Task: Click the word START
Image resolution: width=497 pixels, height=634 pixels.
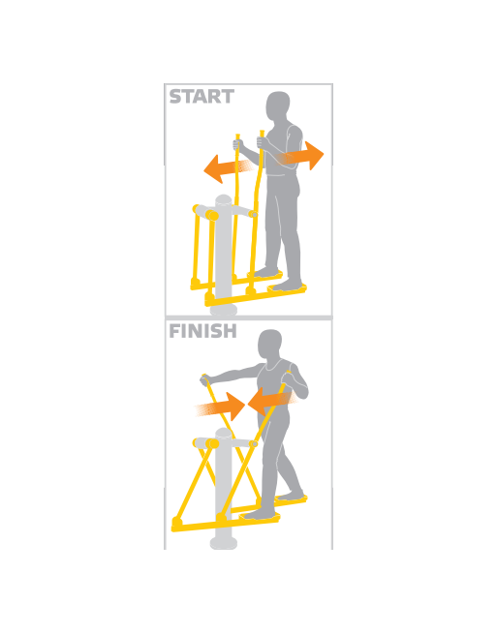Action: tap(202, 97)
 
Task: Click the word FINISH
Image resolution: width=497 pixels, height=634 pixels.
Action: tap(202, 331)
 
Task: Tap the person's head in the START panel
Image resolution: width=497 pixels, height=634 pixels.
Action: tap(278, 106)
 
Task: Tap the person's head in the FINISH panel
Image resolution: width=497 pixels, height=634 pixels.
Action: tap(270, 344)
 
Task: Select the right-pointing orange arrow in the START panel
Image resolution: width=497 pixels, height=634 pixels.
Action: tap(301, 156)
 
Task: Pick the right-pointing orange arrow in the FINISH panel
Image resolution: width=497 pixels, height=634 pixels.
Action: tap(221, 407)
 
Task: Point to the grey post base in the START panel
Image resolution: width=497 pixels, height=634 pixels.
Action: tap(224, 310)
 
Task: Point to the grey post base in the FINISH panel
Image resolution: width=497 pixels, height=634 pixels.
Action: tap(224, 543)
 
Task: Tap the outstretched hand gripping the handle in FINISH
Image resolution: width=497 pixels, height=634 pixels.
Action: tap(206, 379)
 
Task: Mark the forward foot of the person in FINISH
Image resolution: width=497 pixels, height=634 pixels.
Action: tap(259, 514)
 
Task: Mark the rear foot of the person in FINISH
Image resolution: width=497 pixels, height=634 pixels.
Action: tap(291, 495)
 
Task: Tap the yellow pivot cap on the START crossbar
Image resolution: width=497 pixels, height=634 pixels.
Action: tap(211, 215)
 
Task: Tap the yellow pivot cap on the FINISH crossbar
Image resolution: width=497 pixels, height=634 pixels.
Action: tap(212, 443)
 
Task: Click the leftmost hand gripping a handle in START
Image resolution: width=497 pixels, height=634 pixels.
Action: tap(238, 145)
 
